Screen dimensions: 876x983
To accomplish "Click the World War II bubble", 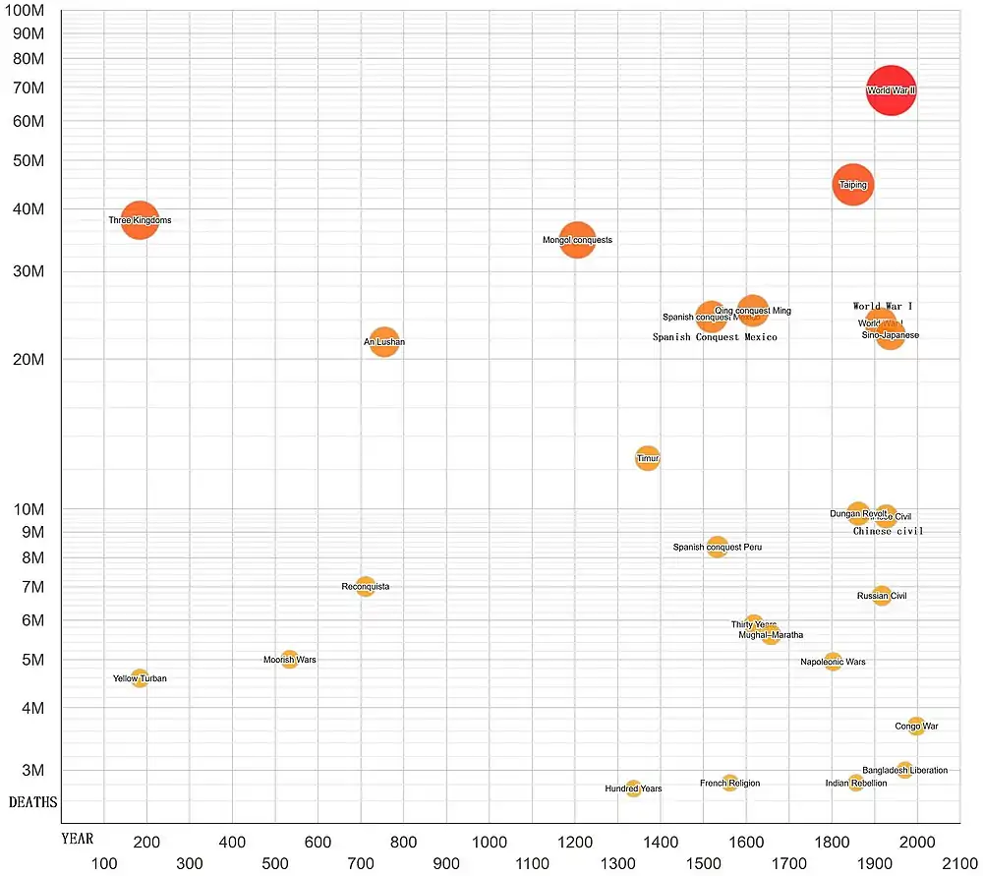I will [891, 90].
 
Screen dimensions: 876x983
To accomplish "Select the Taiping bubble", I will [852, 185].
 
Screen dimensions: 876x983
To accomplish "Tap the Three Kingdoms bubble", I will [140, 220].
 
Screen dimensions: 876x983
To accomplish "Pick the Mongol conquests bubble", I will [578, 240].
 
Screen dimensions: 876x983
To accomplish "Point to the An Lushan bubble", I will [384, 342].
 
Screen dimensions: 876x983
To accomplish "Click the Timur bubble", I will [647, 458].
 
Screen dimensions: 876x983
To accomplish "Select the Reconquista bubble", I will [366, 587].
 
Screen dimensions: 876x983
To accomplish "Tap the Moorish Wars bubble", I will [289, 660].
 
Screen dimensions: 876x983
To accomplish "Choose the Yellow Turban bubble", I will [140, 678].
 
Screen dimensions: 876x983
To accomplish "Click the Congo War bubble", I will [916, 727].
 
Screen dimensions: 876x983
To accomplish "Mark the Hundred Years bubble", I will [633, 788].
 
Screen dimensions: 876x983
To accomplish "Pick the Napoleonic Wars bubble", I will [833, 662].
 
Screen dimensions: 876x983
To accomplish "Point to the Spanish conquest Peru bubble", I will [717, 548].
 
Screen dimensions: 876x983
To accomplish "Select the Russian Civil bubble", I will [882, 596].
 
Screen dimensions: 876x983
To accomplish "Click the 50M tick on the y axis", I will [31, 160].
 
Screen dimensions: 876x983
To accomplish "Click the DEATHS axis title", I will [32, 802].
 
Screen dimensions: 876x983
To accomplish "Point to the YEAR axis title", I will [77, 839].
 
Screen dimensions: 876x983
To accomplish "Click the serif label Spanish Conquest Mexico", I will [715, 337].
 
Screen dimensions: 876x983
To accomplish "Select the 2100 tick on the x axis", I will [959, 864].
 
